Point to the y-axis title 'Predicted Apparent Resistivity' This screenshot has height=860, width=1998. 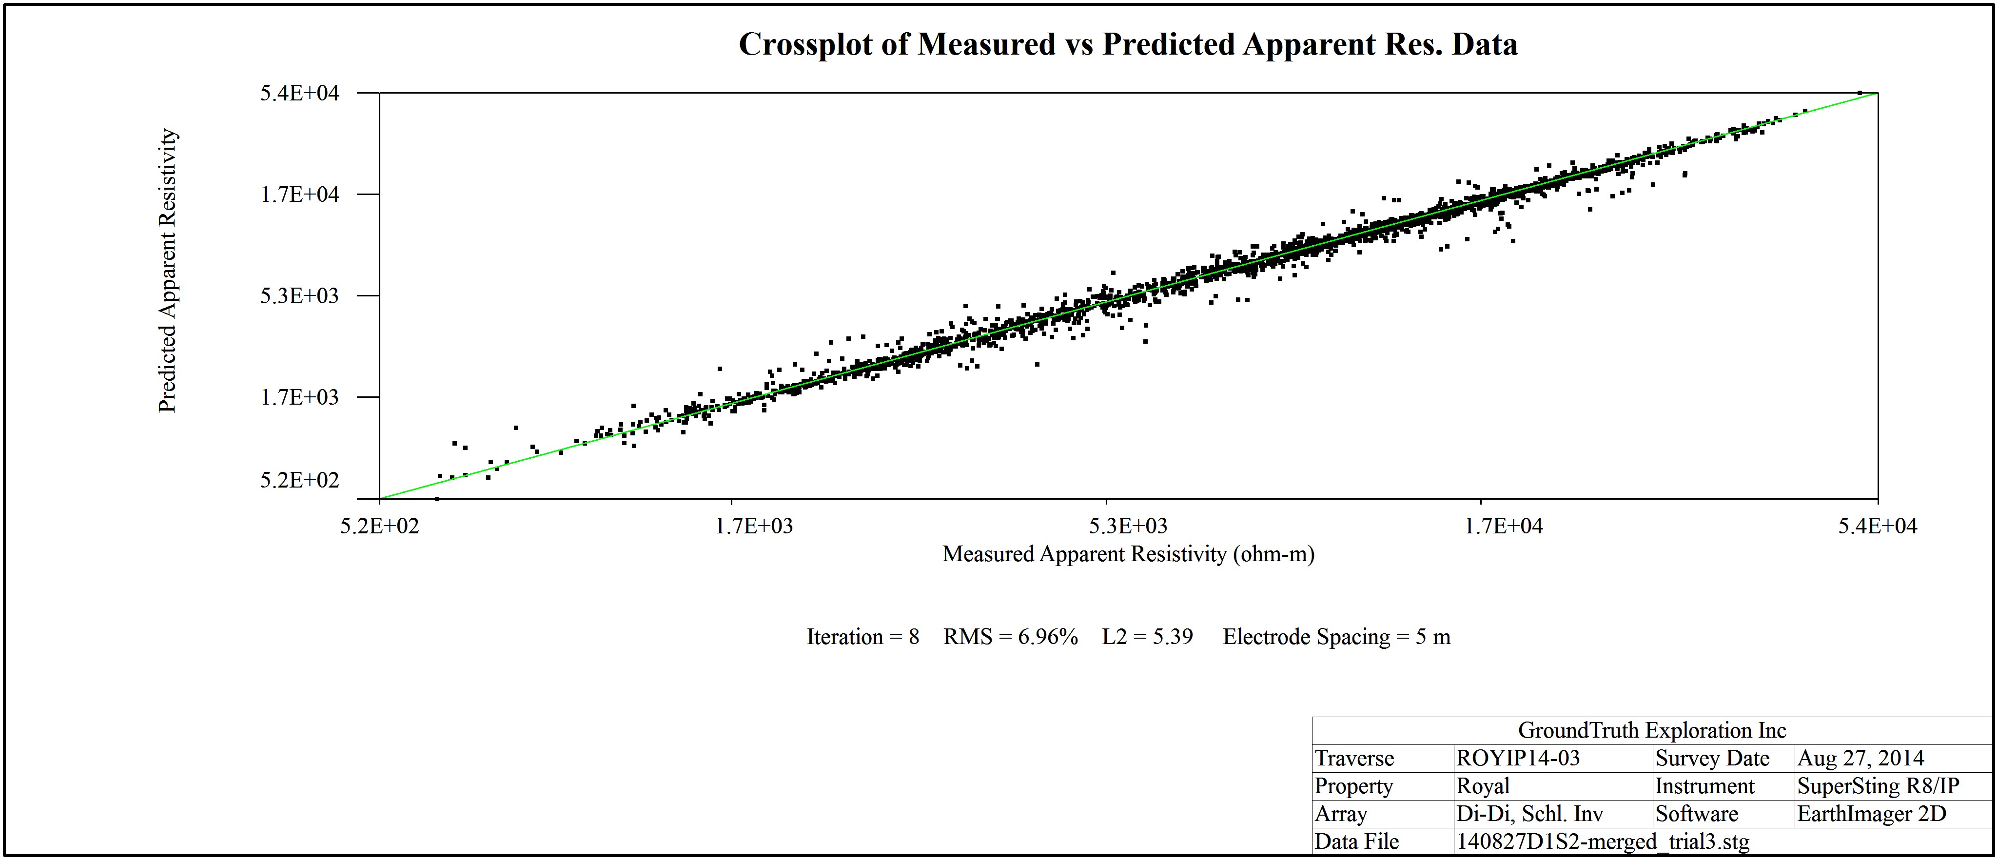[x=168, y=271]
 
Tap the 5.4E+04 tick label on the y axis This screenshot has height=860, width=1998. [x=299, y=93]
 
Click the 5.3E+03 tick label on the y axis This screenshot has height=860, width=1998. [x=299, y=295]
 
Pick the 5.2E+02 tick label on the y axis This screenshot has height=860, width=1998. [x=299, y=480]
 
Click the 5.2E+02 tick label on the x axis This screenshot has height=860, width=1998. [x=379, y=526]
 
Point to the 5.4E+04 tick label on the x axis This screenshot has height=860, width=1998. [x=1877, y=526]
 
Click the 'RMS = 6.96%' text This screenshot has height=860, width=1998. [x=1011, y=637]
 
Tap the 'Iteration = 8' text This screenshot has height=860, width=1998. [x=862, y=637]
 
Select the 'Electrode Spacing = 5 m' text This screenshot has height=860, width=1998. [x=1336, y=637]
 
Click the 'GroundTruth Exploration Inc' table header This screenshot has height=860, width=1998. [x=1652, y=730]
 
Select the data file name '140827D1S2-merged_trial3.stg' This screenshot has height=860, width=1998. [x=1603, y=841]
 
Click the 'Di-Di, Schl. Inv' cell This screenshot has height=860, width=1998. [x=1529, y=814]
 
